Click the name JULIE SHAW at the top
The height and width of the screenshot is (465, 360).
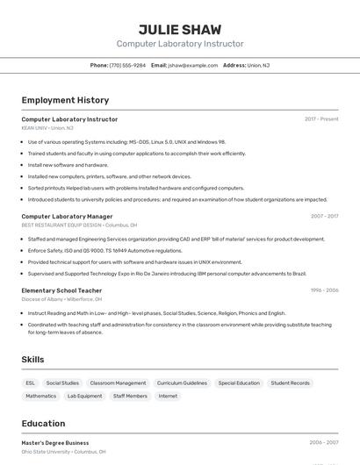coord(180,29)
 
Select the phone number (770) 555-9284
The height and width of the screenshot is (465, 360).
coord(128,65)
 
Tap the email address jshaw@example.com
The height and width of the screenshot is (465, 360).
coord(193,65)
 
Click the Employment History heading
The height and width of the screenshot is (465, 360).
coord(65,100)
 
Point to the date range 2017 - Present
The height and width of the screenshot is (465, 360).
coord(321,118)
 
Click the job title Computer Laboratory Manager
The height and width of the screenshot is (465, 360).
coord(67,216)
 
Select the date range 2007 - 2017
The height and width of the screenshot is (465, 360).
coord(324,216)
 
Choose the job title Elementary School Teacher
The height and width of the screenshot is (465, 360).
coord(61,290)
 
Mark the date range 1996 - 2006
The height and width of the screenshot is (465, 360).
coord(324,290)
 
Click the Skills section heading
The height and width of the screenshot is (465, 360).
coord(33,360)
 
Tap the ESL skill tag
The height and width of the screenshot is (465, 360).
coord(31,383)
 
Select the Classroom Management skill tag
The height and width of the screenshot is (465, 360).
coord(118,383)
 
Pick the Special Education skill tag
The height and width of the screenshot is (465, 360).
coord(239,383)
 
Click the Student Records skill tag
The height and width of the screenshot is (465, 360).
coord(290,383)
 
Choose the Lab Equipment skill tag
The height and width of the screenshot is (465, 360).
coord(84,396)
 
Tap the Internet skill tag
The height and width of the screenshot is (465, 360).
coord(168,396)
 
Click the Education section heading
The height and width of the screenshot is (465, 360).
coord(43,423)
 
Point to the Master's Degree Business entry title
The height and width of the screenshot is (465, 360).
coord(55,443)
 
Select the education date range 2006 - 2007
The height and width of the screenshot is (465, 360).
coord(323,443)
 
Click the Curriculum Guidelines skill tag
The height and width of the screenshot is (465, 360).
coord(182,383)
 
